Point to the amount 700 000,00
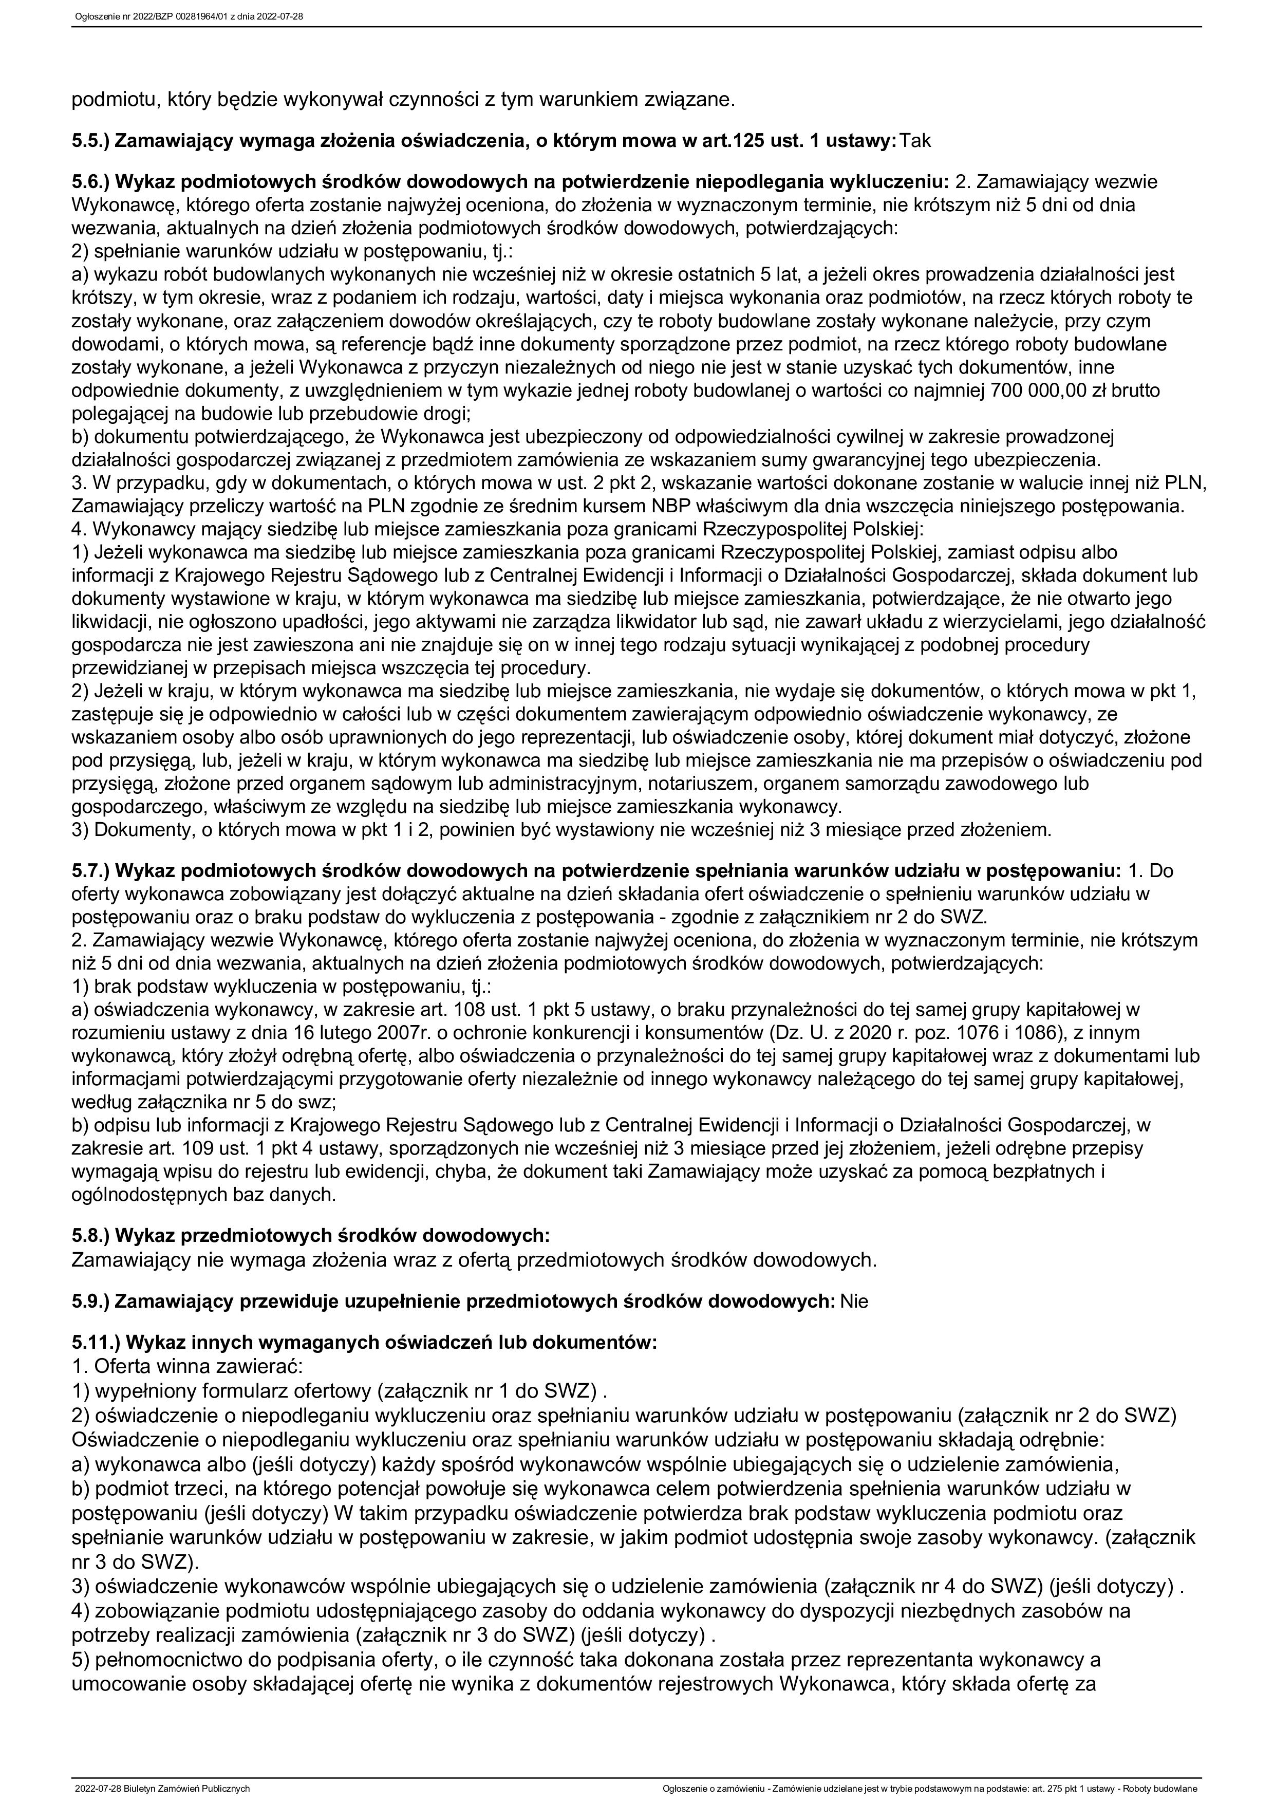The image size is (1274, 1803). click(x=1034, y=391)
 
